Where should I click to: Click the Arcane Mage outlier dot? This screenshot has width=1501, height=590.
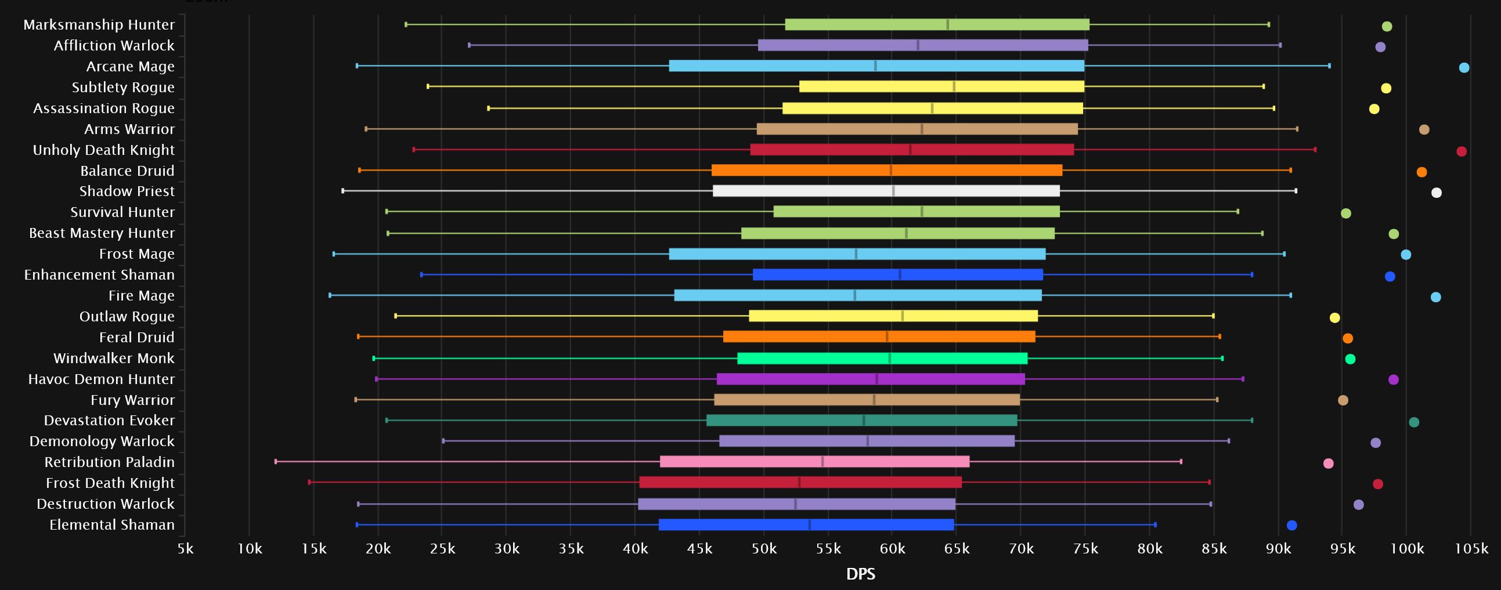tap(1464, 67)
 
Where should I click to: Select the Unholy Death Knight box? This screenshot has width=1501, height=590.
tap(911, 150)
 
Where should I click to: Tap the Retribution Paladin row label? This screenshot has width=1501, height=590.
tap(110, 462)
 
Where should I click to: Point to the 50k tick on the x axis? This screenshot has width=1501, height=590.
tap(763, 548)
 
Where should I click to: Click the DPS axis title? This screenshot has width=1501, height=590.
tap(860, 574)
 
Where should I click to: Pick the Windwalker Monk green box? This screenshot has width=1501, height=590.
tap(882, 358)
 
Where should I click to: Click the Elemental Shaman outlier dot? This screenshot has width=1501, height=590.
tap(1291, 526)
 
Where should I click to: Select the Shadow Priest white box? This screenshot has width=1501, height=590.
tap(886, 191)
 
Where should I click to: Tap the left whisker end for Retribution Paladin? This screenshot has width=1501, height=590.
tap(276, 461)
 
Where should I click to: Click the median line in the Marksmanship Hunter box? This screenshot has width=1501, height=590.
tap(947, 24)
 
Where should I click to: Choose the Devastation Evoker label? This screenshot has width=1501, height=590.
tap(109, 420)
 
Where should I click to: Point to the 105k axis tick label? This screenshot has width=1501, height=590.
tap(1471, 548)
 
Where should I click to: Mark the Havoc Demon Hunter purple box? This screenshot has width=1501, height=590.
tap(871, 379)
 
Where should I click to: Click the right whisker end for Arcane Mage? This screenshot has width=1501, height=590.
tap(1329, 66)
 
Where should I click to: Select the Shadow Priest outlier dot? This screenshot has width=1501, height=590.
tap(1437, 193)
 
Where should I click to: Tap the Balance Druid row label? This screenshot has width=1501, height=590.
tap(127, 171)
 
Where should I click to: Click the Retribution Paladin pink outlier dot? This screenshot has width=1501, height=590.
tap(1328, 464)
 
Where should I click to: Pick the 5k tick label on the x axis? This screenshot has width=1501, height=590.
tap(185, 548)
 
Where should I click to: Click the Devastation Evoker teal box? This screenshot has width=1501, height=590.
tap(861, 421)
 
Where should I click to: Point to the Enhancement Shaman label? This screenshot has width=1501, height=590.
tap(99, 274)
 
